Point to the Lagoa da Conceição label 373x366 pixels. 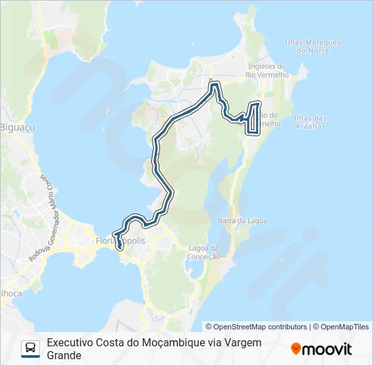[x=205, y=252]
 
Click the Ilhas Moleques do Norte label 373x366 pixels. [x=313, y=46]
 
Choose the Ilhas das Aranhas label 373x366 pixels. [x=310, y=122]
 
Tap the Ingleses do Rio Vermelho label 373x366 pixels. [x=269, y=70]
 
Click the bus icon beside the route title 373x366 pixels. [x=31, y=348]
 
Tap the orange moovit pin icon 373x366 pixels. [x=296, y=349]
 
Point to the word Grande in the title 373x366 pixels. [x=64, y=355]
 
